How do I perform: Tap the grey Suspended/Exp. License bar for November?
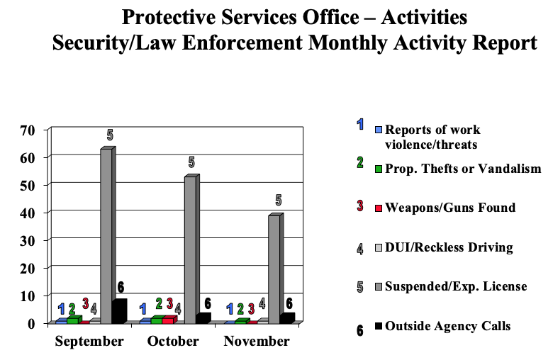tap(274, 269)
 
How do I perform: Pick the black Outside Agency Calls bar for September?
tap(118, 311)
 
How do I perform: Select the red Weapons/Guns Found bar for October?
tap(167, 320)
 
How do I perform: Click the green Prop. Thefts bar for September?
tap(72, 320)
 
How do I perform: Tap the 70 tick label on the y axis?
tap(28, 130)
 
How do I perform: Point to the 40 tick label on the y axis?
tap(28, 213)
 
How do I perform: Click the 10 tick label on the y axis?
tap(28, 296)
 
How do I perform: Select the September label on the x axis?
tap(89, 342)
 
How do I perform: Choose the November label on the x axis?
tap(257, 342)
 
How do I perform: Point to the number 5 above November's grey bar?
tap(279, 200)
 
